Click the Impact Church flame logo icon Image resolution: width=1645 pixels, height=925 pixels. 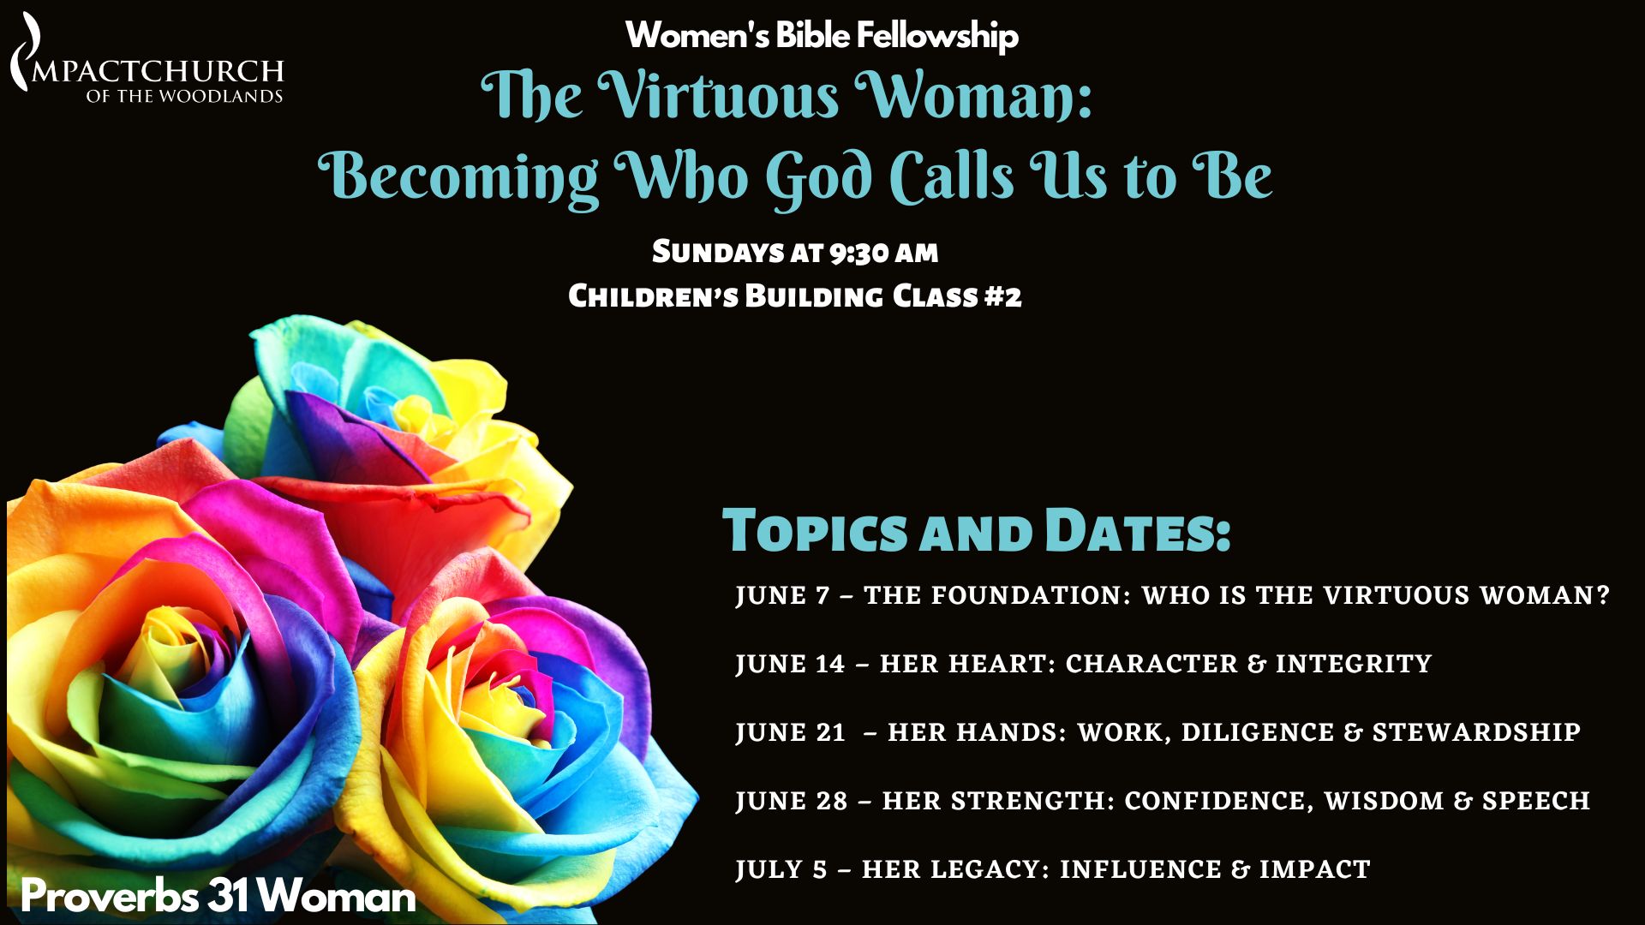(26, 51)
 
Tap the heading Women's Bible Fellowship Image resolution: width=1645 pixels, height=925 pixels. (822, 35)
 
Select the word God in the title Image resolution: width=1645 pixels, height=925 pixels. (819, 177)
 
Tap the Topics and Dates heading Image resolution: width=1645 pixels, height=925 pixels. (977, 530)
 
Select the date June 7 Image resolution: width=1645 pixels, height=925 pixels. (783, 595)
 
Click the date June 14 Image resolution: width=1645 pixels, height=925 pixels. (790, 664)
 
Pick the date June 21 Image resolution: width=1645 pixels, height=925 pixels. (790, 732)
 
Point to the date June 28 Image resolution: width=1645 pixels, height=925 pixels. (792, 801)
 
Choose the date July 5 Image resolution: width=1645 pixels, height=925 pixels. (781, 869)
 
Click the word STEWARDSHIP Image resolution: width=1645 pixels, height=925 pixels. (1476, 732)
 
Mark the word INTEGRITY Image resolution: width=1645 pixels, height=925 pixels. (1354, 664)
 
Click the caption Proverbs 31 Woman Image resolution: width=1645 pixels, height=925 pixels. (218, 896)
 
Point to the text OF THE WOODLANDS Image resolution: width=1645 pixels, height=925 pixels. (184, 96)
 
